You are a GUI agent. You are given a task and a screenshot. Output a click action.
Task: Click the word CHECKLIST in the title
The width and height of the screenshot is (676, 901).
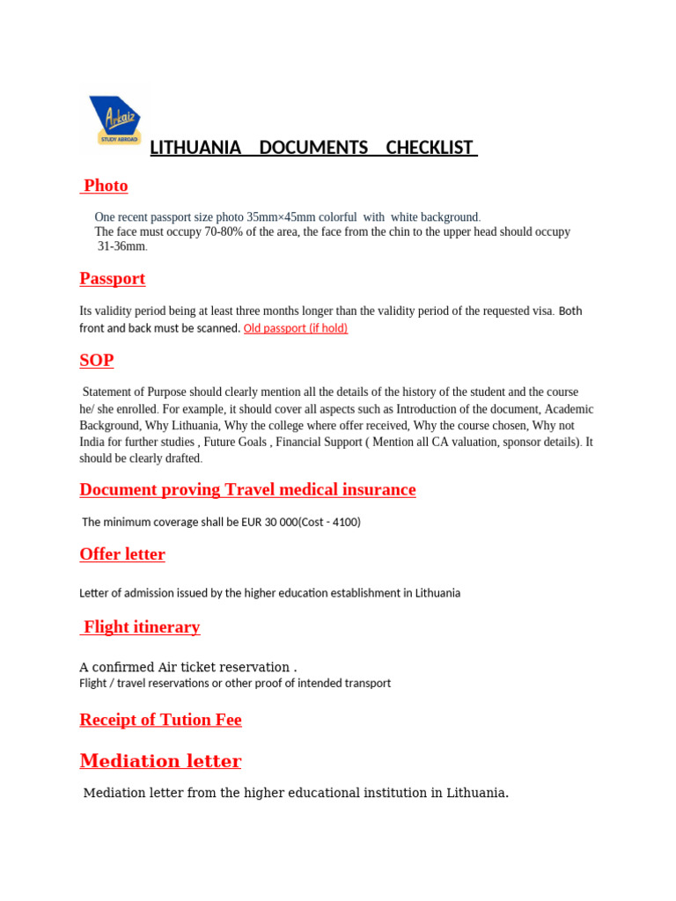tap(430, 148)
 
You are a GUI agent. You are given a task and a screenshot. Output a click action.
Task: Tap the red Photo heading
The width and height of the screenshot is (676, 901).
tap(106, 186)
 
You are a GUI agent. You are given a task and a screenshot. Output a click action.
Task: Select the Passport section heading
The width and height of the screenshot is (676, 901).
tap(113, 279)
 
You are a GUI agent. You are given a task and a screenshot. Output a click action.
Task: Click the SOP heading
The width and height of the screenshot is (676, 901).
tap(97, 361)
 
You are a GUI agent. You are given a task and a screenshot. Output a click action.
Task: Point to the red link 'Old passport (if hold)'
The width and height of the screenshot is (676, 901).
tap(296, 328)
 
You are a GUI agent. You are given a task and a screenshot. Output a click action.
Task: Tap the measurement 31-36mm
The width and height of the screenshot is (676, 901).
tap(121, 246)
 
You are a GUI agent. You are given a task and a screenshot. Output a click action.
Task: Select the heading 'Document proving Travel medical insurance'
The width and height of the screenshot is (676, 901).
tap(247, 490)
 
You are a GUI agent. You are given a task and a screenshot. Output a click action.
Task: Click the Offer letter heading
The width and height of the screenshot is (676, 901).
tap(122, 554)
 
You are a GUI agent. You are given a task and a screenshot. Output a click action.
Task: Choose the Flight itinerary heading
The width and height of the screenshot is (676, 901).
tap(142, 627)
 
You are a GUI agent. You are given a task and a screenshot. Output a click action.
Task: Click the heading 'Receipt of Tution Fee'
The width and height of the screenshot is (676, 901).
tap(160, 720)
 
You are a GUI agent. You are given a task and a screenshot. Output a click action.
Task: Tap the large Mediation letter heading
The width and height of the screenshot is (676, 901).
tap(160, 761)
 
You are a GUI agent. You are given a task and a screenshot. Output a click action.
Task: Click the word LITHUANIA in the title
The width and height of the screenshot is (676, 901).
tap(195, 148)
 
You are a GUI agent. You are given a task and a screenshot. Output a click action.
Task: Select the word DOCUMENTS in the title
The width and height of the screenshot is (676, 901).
tap(313, 148)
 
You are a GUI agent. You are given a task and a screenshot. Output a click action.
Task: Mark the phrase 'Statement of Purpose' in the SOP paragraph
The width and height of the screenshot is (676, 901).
tap(141, 392)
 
